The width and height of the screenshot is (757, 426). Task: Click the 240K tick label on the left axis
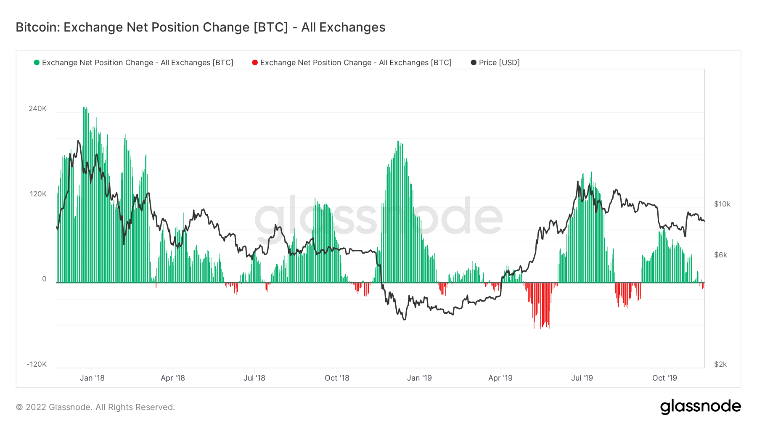coord(37,108)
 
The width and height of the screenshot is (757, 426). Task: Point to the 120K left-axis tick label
coord(38,194)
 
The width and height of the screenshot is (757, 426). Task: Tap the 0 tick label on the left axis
coord(44,279)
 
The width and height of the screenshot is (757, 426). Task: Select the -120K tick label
coord(37,364)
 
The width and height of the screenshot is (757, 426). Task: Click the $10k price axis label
coord(722,204)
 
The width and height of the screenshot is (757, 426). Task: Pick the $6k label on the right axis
coord(720,255)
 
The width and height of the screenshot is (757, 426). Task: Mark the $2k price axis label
coord(720,364)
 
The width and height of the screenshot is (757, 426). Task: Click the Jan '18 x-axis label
coord(92,378)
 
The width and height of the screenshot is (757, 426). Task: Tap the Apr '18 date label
coord(172,378)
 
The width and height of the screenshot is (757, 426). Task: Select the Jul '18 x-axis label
coord(254,378)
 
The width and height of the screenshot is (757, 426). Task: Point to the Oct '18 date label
coord(337,378)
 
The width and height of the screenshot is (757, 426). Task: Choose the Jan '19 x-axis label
coord(419,378)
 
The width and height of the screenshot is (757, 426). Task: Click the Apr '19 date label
coord(500,378)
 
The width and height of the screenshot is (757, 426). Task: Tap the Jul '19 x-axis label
coord(582,378)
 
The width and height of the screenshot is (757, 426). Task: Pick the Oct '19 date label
coord(664,378)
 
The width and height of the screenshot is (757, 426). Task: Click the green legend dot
coord(37,63)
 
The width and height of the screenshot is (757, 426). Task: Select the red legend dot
coord(255,63)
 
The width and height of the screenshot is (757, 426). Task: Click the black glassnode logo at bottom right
coord(700,407)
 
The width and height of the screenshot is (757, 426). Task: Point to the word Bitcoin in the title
coord(38,27)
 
